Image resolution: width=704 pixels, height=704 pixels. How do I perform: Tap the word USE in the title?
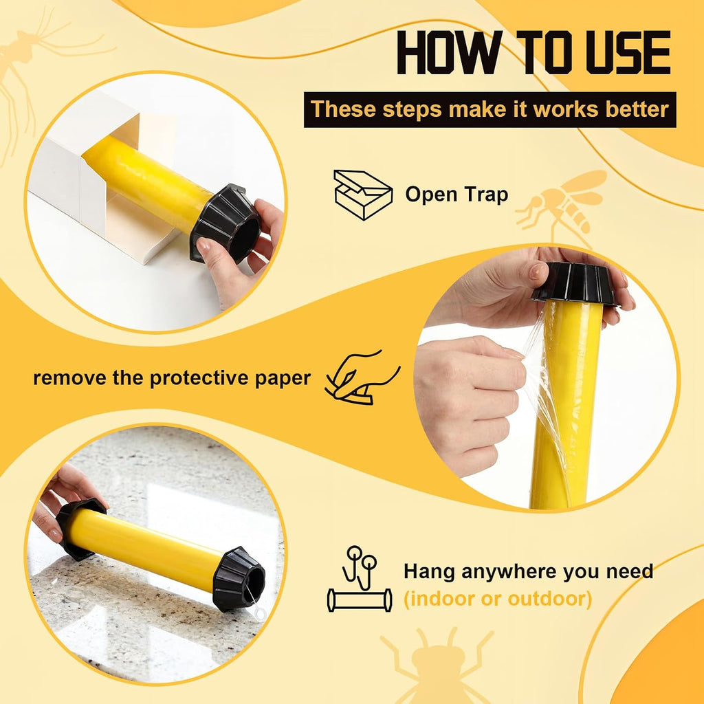tap(628, 52)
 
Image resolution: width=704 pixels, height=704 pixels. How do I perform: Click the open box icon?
tap(363, 195)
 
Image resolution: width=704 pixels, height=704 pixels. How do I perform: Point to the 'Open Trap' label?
tap(456, 195)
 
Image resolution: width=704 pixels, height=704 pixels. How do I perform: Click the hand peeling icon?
tap(362, 377)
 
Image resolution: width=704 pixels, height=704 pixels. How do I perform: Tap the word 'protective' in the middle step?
tap(200, 378)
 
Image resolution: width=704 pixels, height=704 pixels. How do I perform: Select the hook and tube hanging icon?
tap(359, 579)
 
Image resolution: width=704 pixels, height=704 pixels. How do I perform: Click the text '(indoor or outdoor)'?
tap(498, 599)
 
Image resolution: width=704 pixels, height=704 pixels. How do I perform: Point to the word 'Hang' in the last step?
tap(429, 572)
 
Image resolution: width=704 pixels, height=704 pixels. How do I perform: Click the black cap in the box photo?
tap(225, 223)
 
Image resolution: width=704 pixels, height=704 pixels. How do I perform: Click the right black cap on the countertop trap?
tap(239, 579)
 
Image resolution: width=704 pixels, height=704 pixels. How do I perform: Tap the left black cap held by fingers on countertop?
tap(80, 528)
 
